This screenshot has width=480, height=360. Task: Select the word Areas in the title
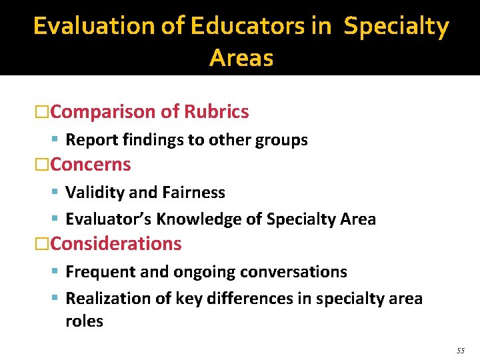click(x=241, y=58)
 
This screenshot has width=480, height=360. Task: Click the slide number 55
click(x=461, y=351)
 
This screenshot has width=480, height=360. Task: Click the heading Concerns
click(x=91, y=164)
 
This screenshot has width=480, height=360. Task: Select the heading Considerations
click(x=116, y=244)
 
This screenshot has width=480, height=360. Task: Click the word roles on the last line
click(x=84, y=321)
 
